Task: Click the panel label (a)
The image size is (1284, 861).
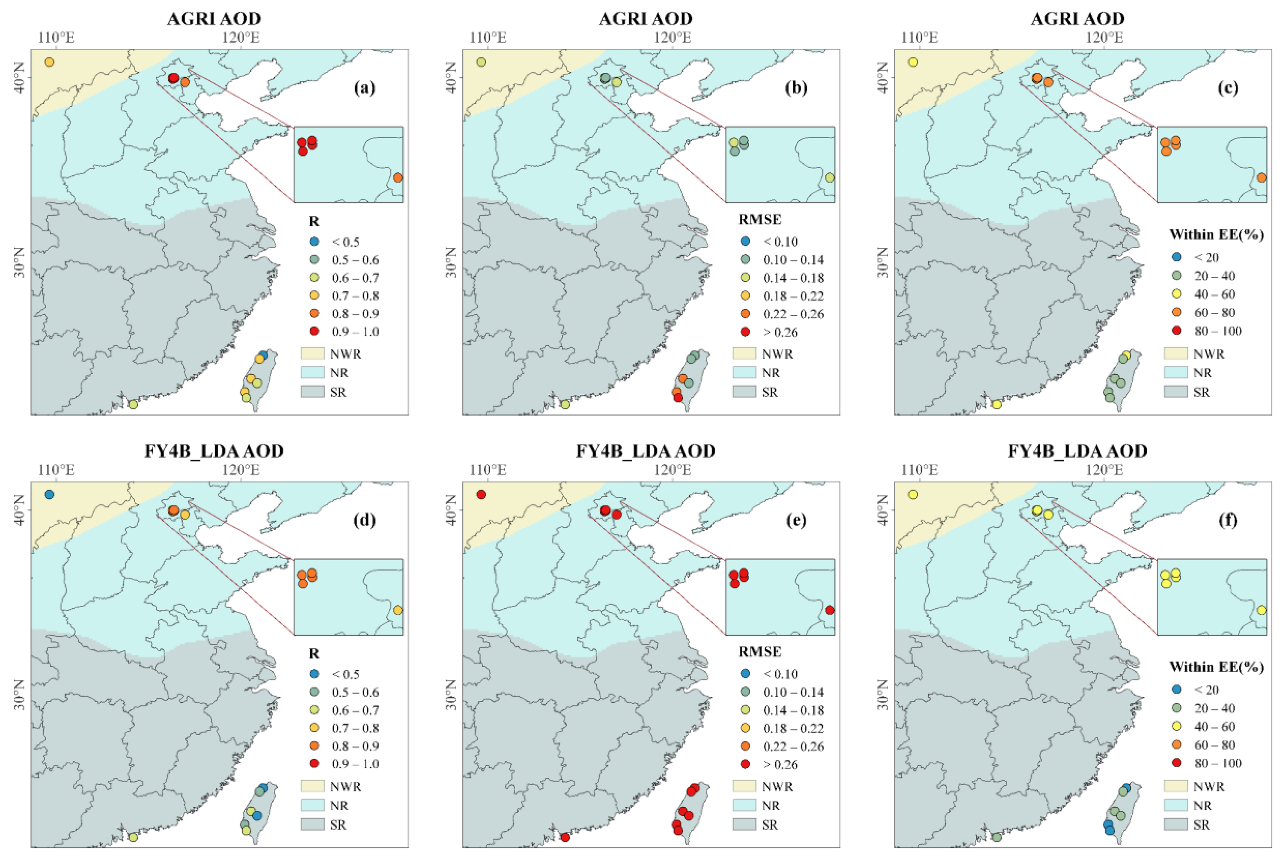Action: (365, 88)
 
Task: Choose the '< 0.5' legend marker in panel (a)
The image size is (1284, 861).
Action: (314, 242)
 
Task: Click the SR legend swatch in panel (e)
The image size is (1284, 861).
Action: (744, 825)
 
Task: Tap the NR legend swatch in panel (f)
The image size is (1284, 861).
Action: (1176, 806)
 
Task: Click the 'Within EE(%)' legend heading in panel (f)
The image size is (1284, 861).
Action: (1216, 667)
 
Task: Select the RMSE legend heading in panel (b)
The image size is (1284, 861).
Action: (760, 219)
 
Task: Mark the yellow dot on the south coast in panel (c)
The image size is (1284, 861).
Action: (997, 405)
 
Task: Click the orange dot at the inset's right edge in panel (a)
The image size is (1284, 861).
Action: (398, 178)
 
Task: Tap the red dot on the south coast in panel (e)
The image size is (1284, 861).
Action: (565, 837)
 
